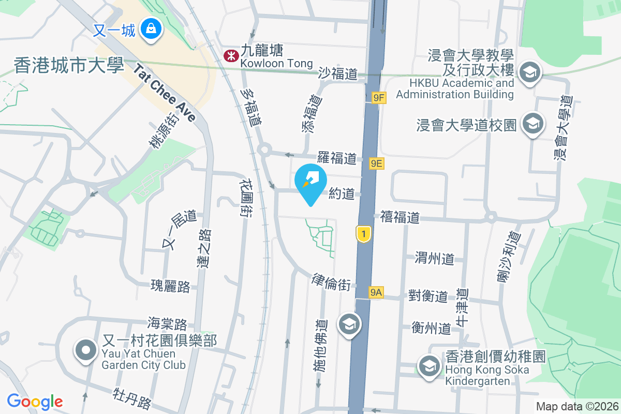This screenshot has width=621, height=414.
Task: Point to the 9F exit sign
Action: click(379, 97)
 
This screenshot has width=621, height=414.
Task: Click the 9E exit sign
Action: click(377, 164)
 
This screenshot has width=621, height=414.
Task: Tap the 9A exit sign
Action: click(376, 292)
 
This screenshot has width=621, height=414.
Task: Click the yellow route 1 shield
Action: click(364, 234)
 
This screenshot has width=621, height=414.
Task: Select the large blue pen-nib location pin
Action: click(310, 182)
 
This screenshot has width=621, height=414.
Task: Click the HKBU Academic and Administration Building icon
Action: click(530, 72)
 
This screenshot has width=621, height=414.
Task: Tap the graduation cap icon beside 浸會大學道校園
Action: click(531, 124)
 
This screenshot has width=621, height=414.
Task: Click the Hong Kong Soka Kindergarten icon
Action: click(428, 365)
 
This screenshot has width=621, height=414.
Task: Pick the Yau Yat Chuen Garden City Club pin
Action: click(86, 350)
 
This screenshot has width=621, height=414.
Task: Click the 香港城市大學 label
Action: click(69, 66)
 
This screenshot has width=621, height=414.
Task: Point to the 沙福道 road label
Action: click(338, 74)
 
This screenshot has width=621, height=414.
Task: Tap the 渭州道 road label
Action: click(435, 258)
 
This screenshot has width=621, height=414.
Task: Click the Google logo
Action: click(35, 401)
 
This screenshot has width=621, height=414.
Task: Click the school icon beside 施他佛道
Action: click(349, 324)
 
